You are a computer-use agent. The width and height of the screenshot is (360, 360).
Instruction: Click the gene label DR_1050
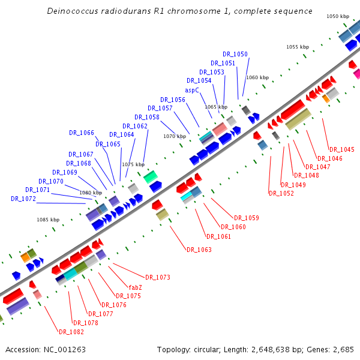pyautogui.click(x=235, y=54)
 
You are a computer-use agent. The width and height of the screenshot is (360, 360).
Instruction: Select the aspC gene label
pyautogui.click(x=192, y=90)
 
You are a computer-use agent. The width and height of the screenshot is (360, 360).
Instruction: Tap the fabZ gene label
pyautogui.click(x=136, y=287)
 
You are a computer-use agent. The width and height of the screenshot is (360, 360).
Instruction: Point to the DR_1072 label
pyautogui.click(x=23, y=199)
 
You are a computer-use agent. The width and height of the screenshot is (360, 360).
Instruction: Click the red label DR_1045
pyautogui.click(x=341, y=149)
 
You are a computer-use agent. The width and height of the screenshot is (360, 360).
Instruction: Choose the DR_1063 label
pyautogui.click(x=199, y=250)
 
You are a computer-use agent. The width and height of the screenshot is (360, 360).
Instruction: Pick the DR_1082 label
pyautogui.click(x=71, y=332)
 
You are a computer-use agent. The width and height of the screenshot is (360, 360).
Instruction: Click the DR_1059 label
pyautogui.click(x=247, y=218)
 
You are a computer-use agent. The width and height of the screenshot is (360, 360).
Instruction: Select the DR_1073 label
pyautogui.click(x=157, y=277)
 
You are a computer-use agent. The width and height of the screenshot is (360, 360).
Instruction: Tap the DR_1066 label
pyautogui.click(x=82, y=133)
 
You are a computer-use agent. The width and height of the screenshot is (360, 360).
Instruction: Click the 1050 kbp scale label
pyautogui.click(x=338, y=17)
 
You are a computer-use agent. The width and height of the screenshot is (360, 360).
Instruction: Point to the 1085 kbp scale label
pyautogui.click(x=48, y=220)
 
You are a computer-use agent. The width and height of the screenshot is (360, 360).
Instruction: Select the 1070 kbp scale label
pyautogui.click(x=175, y=136)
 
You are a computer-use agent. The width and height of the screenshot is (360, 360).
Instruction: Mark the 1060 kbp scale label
pyautogui.click(x=257, y=77)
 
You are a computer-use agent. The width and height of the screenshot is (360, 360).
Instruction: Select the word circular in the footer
pyautogui.click(x=214, y=349)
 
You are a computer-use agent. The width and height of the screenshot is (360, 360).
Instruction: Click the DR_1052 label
pyautogui.click(x=281, y=193)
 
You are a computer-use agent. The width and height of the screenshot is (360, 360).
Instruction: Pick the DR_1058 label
pyautogui.click(x=147, y=117)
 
